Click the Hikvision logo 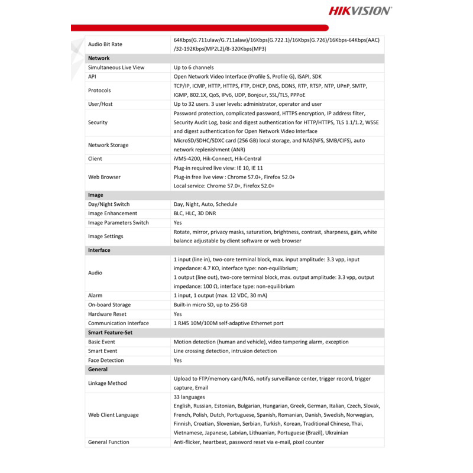(359, 10)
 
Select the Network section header (99, 58)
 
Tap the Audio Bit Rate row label (105, 44)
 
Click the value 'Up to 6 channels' (195, 67)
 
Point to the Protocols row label (99, 90)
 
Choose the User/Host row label (101, 104)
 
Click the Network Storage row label (108, 145)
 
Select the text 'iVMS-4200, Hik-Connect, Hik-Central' (217, 158)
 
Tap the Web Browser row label (104, 177)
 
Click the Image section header (95, 195)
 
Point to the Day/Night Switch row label (109, 204)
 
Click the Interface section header (99, 250)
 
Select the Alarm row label (95, 295)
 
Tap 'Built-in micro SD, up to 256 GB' (210, 304)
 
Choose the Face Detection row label (106, 360)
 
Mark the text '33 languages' (189, 397)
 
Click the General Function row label (109, 442)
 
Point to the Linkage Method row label (108, 383)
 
